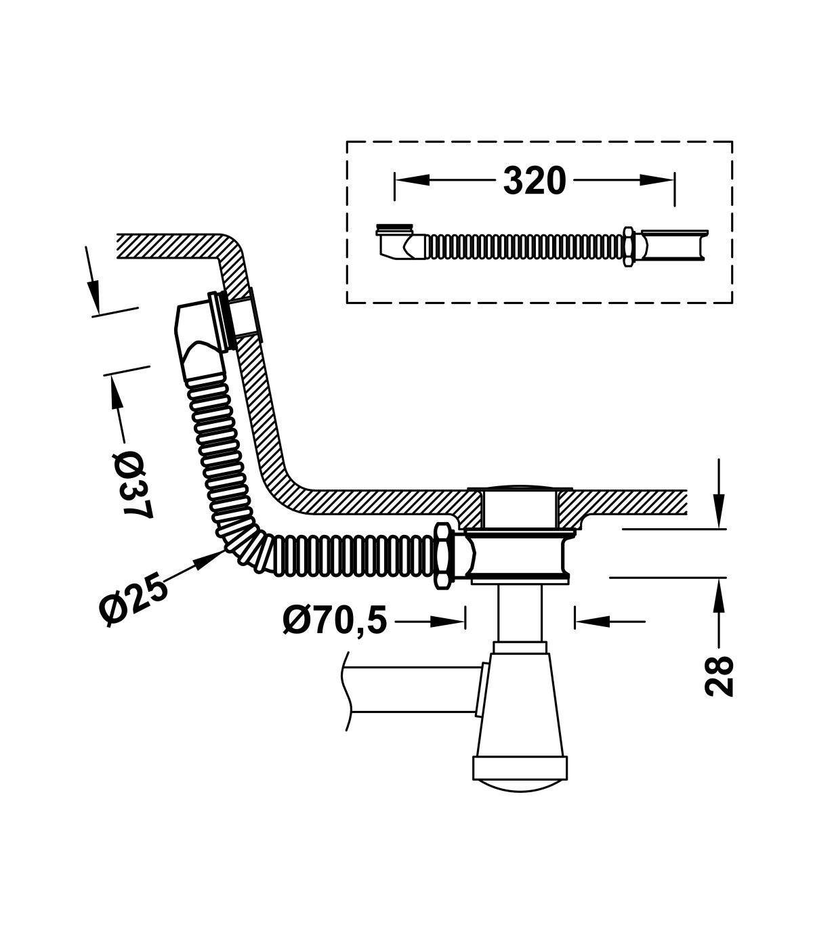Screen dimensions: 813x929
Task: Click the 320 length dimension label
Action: [535, 181]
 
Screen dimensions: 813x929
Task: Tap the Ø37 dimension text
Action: [132, 485]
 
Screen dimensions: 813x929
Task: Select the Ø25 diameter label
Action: [133, 599]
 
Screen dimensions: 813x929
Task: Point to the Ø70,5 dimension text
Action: [335, 620]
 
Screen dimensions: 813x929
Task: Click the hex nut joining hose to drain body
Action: [444, 556]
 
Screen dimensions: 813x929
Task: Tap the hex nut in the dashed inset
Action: [629, 246]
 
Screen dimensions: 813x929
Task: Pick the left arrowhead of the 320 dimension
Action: [412, 180]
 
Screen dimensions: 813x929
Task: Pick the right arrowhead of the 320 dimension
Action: [656, 180]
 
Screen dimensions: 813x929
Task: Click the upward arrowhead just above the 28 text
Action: [718, 595]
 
